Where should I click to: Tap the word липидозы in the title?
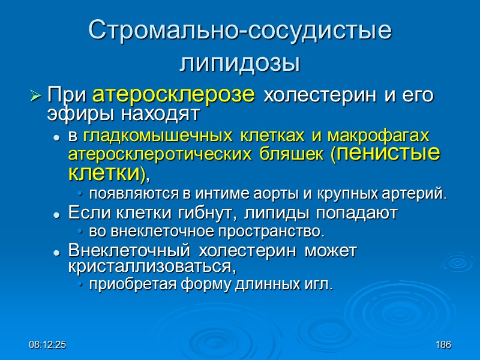pos(240,62)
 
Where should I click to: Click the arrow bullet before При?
pos(35,95)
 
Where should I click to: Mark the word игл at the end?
pos(321,284)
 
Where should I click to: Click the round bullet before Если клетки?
pos(56,214)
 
